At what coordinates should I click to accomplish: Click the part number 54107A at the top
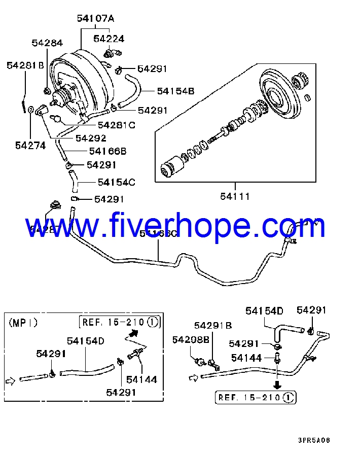[x=96, y=19]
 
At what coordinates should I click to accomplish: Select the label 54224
[x=109, y=39]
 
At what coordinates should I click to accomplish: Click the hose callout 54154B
[x=175, y=91]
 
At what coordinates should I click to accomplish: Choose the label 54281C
[x=116, y=125]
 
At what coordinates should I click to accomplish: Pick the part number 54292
[x=91, y=137]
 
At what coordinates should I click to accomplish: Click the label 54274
[x=30, y=146]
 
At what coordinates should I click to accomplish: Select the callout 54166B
[x=107, y=151]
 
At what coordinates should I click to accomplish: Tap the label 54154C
[x=117, y=182]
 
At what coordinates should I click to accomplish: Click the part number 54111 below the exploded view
[x=235, y=196]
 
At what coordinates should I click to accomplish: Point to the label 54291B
[x=213, y=325]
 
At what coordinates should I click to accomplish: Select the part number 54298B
[x=191, y=340]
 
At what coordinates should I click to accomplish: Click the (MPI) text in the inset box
[x=23, y=322]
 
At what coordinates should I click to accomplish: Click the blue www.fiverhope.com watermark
[x=175, y=226]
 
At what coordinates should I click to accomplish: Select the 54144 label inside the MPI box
[x=141, y=379]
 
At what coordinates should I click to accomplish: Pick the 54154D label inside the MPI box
[x=86, y=341]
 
